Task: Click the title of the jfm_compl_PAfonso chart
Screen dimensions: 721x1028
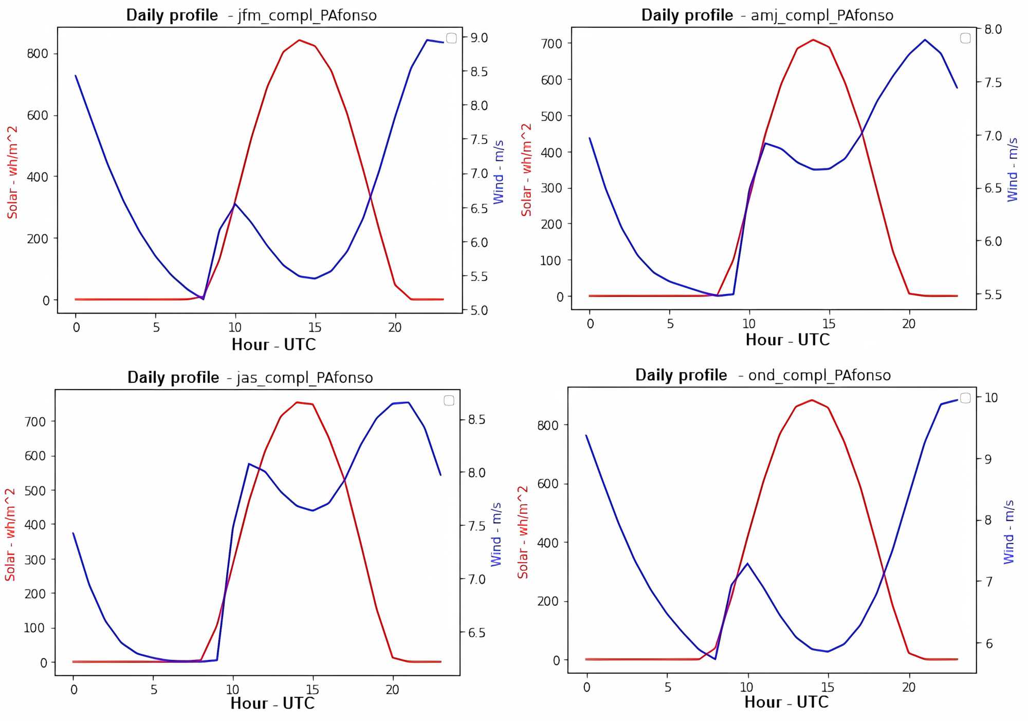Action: click(x=251, y=15)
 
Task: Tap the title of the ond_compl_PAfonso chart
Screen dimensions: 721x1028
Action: click(x=763, y=375)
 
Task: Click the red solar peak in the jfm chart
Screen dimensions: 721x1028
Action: click(x=299, y=40)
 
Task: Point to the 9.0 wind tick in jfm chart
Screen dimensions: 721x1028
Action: click(x=479, y=38)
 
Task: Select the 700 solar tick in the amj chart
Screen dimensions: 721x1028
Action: click(x=552, y=44)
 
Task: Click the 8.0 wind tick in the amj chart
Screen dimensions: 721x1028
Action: click(x=993, y=29)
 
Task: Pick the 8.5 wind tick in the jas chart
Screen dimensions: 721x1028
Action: click(x=476, y=420)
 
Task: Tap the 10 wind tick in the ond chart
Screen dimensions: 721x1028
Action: click(x=990, y=397)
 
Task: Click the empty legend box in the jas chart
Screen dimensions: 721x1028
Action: click(x=449, y=400)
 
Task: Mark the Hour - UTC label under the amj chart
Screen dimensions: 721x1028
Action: click(x=787, y=340)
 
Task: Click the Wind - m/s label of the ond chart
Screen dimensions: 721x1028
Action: click(x=1009, y=531)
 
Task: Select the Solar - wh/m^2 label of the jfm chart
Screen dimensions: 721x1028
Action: click(x=12, y=172)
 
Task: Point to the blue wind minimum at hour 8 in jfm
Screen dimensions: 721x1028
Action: click(x=204, y=299)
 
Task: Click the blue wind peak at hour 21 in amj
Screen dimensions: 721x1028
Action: click(x=925, y=40)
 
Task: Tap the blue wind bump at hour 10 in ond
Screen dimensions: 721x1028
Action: click(x=747, y=563)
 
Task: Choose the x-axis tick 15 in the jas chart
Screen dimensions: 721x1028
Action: click(x=313, y=690)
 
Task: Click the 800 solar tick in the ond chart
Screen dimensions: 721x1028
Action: click(x=548, y=425)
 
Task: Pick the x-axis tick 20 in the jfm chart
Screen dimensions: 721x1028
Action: click(x=394, y=327)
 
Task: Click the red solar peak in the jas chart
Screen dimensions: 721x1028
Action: click(x=297, y=402)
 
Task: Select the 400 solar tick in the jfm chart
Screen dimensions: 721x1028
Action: click(x=38, y=177)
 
